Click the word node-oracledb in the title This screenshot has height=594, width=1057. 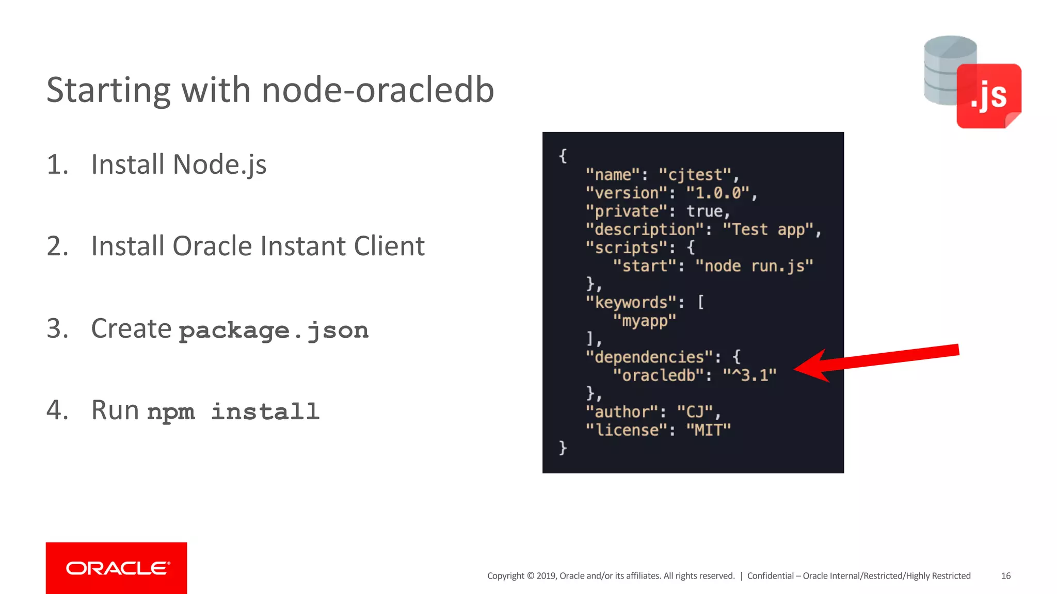pos(378,90)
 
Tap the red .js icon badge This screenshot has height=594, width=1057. pos(988,96)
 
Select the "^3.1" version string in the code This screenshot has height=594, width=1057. pos(749,375)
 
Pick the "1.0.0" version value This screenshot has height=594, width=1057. pos(717,193)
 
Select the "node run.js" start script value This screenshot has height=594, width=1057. pos(754,266)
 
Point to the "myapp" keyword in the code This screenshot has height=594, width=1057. pos(644,321)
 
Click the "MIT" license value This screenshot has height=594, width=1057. pos(708,430)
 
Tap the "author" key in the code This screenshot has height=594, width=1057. pos(622,412)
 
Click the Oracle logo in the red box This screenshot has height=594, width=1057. pos(117,568)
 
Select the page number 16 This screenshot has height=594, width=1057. pos(1005,576)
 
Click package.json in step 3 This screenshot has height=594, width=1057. pos(274,331)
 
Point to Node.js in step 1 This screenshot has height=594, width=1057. pos(219,165)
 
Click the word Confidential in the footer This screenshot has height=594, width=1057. pos(770,576)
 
